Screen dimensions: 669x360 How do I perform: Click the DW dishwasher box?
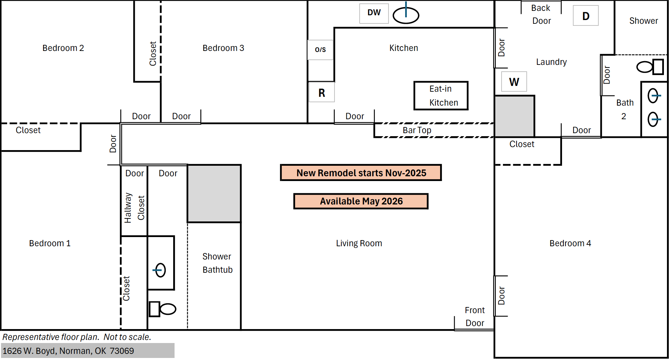pos(374,14)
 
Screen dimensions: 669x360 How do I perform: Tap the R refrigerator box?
pos(322,92)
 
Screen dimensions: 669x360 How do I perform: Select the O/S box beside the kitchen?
pos(320,50)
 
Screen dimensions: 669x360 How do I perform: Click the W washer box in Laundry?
pos(514,82)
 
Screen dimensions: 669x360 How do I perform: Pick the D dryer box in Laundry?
pos(586,16)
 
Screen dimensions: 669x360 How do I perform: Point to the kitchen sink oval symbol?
pos(406,15)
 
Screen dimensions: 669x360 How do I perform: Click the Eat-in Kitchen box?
pos(441,96)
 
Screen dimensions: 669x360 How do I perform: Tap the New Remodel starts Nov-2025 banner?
pos(361,173)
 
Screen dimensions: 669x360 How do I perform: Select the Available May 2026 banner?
pos(361,201)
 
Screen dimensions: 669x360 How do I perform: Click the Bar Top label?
pos(417,130)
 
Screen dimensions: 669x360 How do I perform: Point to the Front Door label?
pos(475,317)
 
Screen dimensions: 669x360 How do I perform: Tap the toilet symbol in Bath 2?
pos(650,67)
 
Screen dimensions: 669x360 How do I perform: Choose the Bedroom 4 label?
pos(570,243)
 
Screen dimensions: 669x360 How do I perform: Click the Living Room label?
pos(359,243)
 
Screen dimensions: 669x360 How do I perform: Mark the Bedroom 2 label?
pos(63,48)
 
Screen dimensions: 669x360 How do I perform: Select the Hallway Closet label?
pos(134,208)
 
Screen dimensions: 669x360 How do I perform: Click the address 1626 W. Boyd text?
pos(68,351)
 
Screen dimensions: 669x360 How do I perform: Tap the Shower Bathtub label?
pos(217,263)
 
